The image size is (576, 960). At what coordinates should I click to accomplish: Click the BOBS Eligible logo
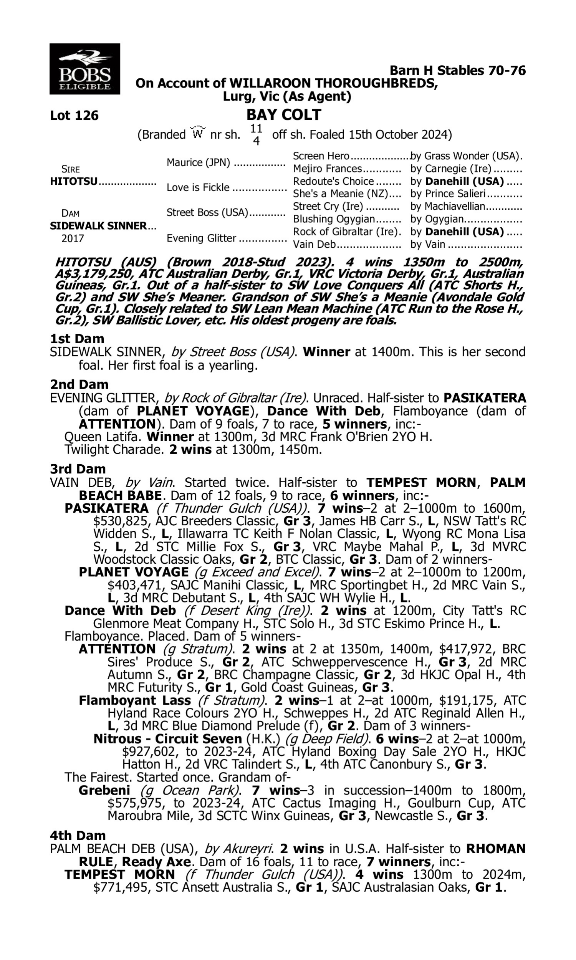point(84,69)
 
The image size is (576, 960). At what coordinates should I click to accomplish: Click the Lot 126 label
point(74,116)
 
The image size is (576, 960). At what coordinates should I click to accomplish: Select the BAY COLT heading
point(284,115)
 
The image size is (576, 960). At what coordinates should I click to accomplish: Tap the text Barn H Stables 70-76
point(457,71)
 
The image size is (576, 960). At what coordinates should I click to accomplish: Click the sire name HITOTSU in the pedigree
point(74,182)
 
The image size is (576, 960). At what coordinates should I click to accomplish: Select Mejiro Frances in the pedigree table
point(327,169)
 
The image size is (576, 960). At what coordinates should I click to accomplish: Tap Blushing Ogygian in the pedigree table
point(333,219)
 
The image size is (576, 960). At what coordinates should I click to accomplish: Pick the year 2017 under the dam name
point(73,238)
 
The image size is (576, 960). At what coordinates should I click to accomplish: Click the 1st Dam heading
point(77,339)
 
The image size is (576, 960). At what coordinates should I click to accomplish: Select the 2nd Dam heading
point(79,384)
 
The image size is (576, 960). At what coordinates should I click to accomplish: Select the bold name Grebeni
point(104,790)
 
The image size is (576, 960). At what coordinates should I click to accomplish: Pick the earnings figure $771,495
point(121,887)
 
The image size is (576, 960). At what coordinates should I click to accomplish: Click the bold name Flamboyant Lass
point(135,700)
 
